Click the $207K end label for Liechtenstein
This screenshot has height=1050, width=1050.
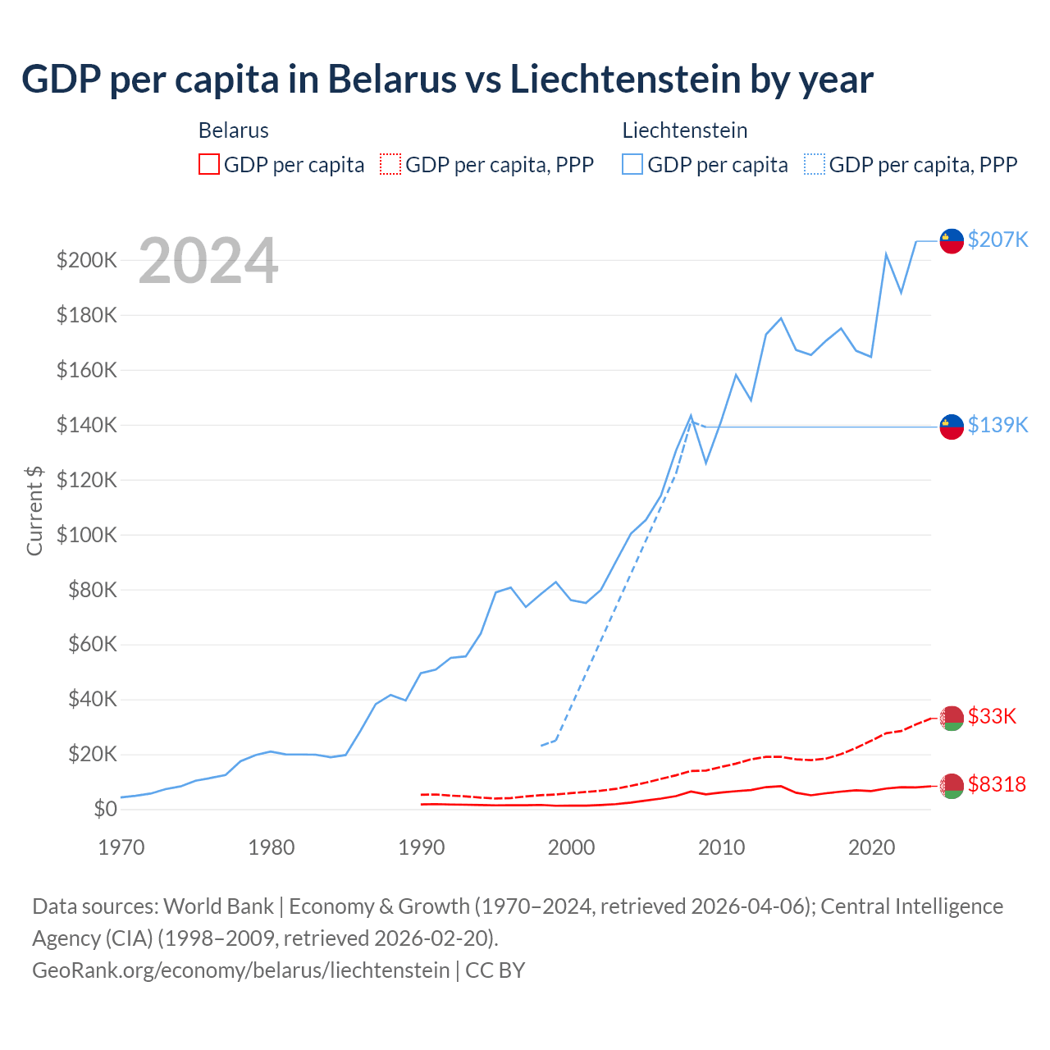[x=997, y=240]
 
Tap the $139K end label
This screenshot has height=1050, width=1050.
[x=997, y=425]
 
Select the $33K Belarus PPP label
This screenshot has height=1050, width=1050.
[x=992, y=716]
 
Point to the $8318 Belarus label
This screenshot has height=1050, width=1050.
[x=997, y=784]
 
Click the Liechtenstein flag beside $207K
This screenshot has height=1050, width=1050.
[x=951, y=241]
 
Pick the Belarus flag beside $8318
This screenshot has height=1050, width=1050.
[x=951, y=786]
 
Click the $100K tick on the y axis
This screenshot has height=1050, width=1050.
[x=86, y=535]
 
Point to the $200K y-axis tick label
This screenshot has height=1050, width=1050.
[x=86, y=261]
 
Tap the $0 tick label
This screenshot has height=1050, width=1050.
[x=105, y=809]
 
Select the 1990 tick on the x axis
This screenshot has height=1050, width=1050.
[x=421, y=847]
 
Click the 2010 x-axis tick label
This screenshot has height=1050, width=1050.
[x=721, y=847]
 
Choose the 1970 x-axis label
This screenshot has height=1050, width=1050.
[x=121, y=847]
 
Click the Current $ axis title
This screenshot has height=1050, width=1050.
[x=34, y=510]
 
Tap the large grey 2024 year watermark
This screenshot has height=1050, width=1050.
[x=208, y=261]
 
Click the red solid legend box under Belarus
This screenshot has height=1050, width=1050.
[x=209, y=164]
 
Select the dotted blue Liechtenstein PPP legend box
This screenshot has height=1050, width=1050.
[x=815, y=164]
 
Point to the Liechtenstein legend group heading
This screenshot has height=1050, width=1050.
[x=684, y=130]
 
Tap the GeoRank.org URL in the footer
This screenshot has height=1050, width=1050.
[x=240, y=970]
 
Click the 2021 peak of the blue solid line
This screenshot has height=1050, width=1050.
[x=886, y=254]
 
